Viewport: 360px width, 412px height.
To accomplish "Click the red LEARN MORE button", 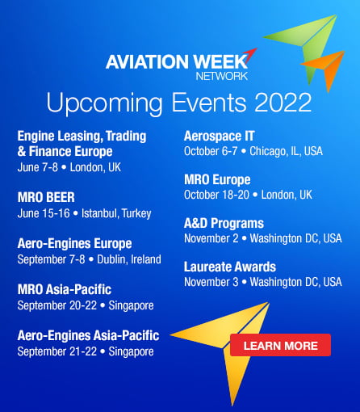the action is (280, 345).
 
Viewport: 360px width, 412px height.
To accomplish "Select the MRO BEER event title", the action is (46, 197).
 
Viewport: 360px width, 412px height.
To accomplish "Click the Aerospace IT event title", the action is (219, 136).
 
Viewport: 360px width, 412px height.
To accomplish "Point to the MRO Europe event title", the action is (217, 180).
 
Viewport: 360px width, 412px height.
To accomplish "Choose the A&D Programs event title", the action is (224, 223).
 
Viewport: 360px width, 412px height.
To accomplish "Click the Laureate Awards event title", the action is (230, 267).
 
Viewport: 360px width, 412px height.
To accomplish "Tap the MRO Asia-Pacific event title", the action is (65, 289).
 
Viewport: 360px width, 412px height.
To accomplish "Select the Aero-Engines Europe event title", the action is (74, 244).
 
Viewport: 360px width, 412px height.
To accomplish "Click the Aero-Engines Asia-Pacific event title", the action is (88, 336).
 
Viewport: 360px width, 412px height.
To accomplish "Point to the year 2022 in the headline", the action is (283, 103).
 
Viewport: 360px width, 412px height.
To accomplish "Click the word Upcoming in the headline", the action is (104, 104).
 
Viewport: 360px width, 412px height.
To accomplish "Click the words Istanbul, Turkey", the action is (116, 213).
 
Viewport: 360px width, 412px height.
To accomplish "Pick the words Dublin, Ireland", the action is (129, 259).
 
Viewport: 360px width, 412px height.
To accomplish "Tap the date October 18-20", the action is (216, 195).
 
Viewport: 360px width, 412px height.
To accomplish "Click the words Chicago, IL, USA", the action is (286, 151).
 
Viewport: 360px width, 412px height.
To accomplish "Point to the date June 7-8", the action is (38, 167).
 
